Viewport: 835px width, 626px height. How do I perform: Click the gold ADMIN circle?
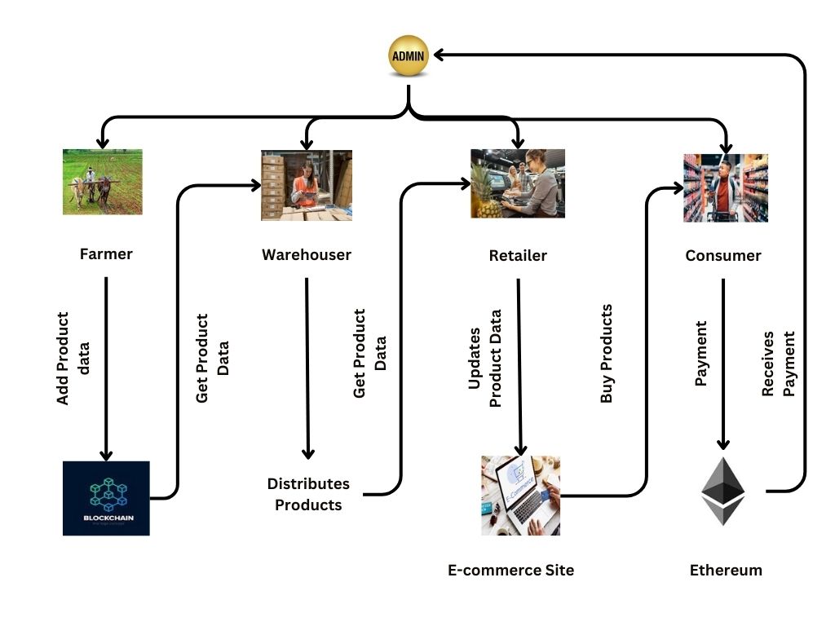pyautogui.click(x=407, y=55)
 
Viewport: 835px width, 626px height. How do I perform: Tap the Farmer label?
pyautogui.click(x=106, y=253)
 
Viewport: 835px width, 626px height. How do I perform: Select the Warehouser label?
pyautogui.click(x=307, y=254)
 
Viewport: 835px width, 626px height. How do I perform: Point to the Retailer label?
pyautogui.click(x=518, y=255)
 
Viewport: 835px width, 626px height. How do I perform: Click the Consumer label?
pyautogui.click(x=723, y=255)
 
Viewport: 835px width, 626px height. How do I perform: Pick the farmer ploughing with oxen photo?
pyautogui.click(x=103, y=182)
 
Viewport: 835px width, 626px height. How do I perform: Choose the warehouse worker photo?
pyautogui.click(x=307, y=185)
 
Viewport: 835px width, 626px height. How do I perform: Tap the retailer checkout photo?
pyautogui.click(x=518, y=183)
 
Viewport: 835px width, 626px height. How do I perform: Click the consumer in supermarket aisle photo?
pyautogui.click(x=726, y=188)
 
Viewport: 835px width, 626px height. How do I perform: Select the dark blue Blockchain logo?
pyautogui.click(x=106, y=498)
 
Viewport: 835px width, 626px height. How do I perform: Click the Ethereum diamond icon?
pyautogui.click(x=723, y=491)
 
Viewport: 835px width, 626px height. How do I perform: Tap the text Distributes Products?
pyautogui.click(x=308, y=494)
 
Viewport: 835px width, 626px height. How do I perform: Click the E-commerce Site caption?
pyautogui.click(x=511, y=571)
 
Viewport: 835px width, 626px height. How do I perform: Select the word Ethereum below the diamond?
pyautogui.click(x=726, y=571)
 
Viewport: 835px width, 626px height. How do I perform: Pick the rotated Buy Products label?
pyautogui.click(x=606, y=354)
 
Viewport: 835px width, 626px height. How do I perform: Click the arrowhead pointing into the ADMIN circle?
pyautogui.click(x=439, y=55)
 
